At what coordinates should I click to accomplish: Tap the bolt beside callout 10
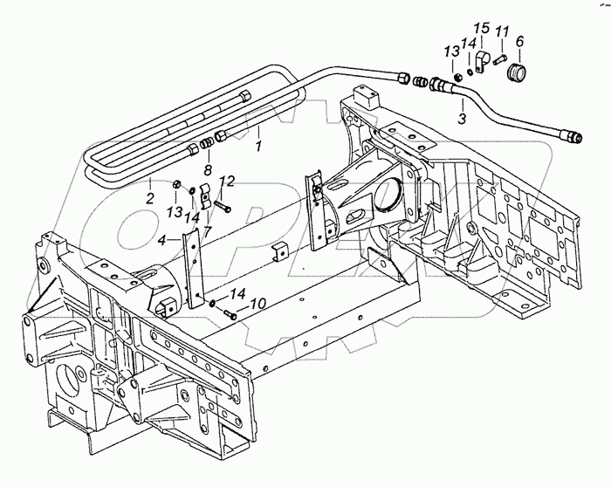(230, 312)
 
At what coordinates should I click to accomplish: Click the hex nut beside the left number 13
(175, 184)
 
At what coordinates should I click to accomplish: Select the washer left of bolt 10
(214, 303)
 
